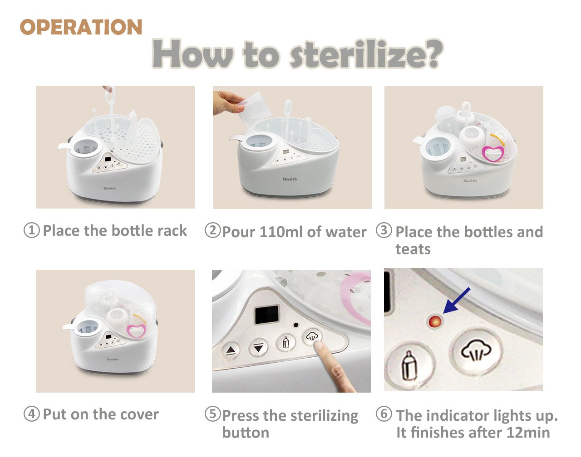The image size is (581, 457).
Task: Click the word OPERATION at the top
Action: pyautogui.click(x=81, y=27)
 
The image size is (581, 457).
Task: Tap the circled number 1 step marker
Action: pyautogui.click(x=31, y=230)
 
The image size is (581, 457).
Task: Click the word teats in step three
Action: pyautogui.click(x=413, y=249)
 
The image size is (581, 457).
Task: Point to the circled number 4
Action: pyautogui.click(x=31, y=414)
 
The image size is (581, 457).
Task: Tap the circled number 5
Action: pyautogui.click(x=212, y=414)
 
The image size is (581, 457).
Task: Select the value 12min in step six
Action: pyautogui.click(x=528, y=432)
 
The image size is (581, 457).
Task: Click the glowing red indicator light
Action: pyautogui.click(x=434, y=322)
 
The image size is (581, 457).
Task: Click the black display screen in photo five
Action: pyautogui.click(x=266, y=314)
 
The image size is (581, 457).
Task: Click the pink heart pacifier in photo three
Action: pyautogui.click(x=491, y=153)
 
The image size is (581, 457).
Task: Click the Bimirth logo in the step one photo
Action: pyautogui.click(x=109, y=188)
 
